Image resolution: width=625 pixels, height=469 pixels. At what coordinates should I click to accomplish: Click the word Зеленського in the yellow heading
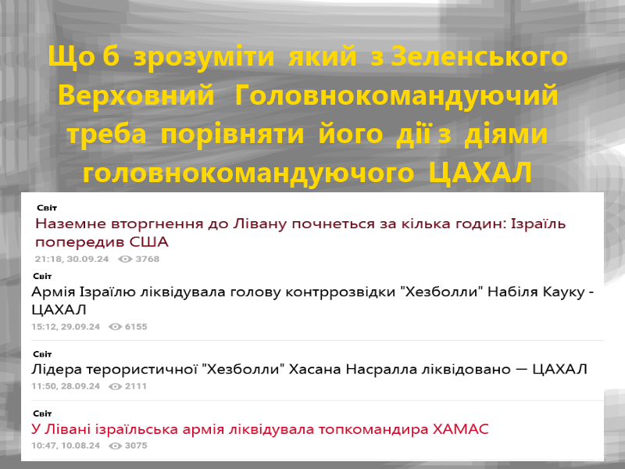click(479, 56)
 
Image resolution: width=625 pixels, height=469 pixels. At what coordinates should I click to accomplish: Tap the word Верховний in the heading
click(136, 95)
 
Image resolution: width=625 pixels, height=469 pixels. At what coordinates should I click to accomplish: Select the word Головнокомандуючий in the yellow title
click(396, 96)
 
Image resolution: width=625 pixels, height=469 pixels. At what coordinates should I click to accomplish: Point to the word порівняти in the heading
click(232, 134)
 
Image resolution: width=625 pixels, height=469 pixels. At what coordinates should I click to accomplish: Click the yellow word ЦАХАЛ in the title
click(480, 173)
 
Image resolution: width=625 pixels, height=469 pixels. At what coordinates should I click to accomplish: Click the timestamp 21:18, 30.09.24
click(72, 259)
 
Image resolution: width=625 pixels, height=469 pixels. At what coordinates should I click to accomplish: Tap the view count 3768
click(148, 259)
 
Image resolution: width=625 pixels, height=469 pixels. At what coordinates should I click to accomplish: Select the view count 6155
click(136, 327)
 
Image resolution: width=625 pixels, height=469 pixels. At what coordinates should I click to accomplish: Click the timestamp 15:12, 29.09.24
click(66, 327)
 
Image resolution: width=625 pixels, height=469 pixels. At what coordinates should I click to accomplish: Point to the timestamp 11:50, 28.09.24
click(66, 386)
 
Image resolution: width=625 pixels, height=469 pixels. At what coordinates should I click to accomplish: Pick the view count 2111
click(135, 386)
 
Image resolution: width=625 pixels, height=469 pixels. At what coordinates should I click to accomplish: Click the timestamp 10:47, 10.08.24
click(66, 446)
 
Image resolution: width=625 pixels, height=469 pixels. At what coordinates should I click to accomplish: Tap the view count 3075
click(136, 446)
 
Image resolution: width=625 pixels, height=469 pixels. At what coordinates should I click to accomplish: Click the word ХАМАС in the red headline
click(461, 429)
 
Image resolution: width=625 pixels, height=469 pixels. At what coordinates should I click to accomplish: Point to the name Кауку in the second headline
click(560, 292)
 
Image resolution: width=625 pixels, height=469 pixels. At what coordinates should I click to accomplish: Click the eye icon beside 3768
click(125, 260)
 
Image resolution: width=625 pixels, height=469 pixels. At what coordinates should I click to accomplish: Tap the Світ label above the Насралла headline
click(42, 354)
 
